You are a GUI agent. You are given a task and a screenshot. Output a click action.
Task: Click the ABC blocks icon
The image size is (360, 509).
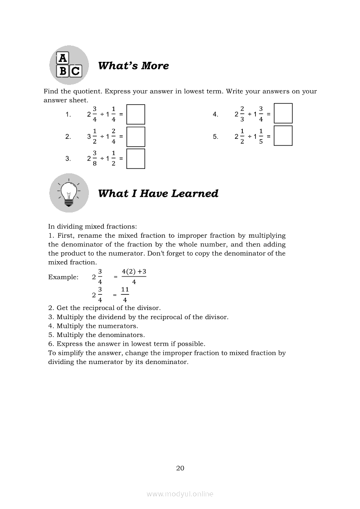click(68, 65)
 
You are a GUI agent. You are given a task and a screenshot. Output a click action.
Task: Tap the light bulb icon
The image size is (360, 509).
click(68, 192)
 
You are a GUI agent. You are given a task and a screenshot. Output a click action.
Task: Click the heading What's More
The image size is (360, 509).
click(133, 66)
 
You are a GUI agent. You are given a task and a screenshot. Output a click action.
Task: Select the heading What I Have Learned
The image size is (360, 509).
click(158, 193)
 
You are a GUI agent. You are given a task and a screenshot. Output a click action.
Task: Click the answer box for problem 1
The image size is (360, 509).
click(136, 115)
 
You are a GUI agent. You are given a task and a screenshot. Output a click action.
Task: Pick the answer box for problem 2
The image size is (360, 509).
click(136, 137)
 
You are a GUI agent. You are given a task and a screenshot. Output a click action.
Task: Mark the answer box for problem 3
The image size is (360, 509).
click(136, 158)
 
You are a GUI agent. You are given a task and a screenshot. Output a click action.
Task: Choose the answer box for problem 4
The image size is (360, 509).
click(283, 114)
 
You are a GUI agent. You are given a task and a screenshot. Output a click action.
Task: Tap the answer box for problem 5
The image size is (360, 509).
click(283, 136)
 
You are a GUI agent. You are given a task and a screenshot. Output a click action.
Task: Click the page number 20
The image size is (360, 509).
click(180, 469)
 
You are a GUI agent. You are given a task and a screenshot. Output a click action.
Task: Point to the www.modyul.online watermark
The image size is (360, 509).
click(180, 494)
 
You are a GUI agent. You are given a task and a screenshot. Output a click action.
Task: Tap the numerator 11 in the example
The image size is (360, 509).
click(125, 289)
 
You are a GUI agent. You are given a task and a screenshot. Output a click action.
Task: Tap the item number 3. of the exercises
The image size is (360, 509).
click(68, 158)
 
